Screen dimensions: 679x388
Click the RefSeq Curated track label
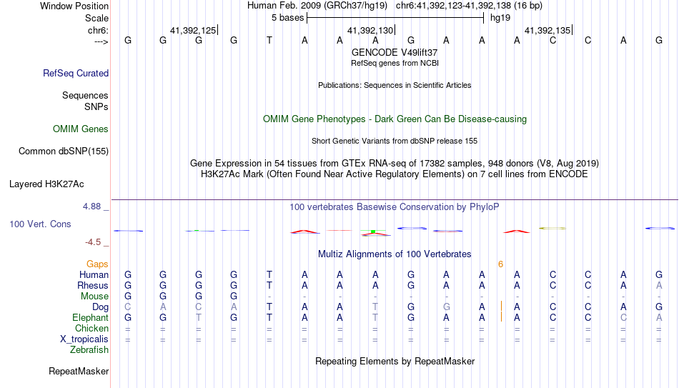pyautogui.click(x=76, y=73)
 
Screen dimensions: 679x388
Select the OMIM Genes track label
pyautogui.click(x=81, y=129)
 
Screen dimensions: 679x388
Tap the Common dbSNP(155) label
pyautogui.click(x=64, y=151)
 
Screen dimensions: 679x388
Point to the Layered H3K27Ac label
pyautogui.click(x=46, y=184)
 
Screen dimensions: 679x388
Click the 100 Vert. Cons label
pyautogui.click(x=40, y=224)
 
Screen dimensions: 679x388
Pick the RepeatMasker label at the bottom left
pyautogui.click(x=79, y=371)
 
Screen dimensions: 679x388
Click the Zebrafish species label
pyautogui.click(x=89, y=349)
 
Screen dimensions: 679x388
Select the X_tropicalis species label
pyautogui.click(x=84, y=339)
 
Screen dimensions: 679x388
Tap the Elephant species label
pyautogui.click(x=91, y=317)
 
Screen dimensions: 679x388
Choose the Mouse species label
pyautogui.click(x=94, y=297)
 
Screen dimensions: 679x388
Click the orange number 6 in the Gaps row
pyautogui.click(x=500, y=264)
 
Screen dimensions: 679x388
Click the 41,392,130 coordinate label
pyautogui.click(x=370, y=30)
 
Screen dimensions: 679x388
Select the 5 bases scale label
pyautogui.click(x=287, y=18)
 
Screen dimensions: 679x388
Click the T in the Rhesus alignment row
pyautogui.click(x=269, y=285)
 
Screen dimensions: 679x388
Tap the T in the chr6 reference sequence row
pyautogui.click(x=269, y=40)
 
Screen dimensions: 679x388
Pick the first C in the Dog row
pyautogui.click(x=128, y=307)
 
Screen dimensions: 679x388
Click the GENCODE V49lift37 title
pyautogui.click(x=395, y=52)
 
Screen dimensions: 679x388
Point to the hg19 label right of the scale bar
pyautogui.click(x=500, y=18)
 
